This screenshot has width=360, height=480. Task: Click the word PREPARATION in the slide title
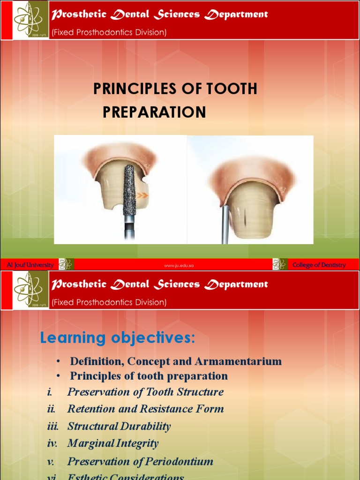coord(154,112)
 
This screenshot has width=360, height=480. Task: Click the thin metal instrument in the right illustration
coord(225,225)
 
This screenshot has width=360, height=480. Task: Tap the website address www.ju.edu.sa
coord(179,266)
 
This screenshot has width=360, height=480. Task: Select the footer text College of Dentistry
coord(319,265)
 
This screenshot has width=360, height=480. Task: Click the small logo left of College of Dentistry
coord(279,264)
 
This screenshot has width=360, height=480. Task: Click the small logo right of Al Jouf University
coord(66,264)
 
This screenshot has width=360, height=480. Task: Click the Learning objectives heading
coord(117,337)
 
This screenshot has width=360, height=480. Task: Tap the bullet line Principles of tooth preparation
coord(149,376)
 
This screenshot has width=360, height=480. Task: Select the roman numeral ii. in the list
coord(52,409)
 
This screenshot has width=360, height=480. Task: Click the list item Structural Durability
coord(119,426)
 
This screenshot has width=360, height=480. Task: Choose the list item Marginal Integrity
coord(113,443)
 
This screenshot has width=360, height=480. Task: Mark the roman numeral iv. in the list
coord(52,443)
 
